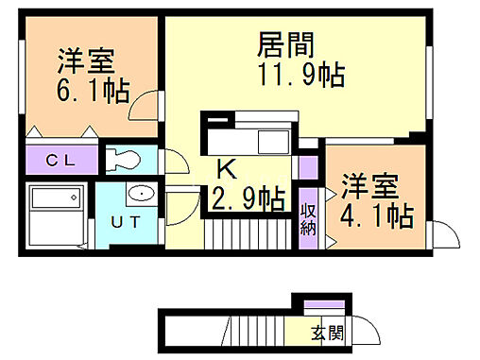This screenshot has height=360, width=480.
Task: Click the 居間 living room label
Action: [284, 44]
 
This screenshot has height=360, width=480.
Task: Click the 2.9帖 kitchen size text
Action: [249, 200]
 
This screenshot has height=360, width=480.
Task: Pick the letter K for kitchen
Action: [228, 171]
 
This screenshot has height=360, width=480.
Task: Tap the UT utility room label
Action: [128, 222]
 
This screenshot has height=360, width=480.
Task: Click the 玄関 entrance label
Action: [329, 332]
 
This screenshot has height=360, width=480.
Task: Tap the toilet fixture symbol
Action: [124, 157]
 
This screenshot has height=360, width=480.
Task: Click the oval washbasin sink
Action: [142, 195]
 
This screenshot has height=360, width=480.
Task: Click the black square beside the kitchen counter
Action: [215, 122]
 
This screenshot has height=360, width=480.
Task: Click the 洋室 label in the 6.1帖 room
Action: [86, 60]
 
